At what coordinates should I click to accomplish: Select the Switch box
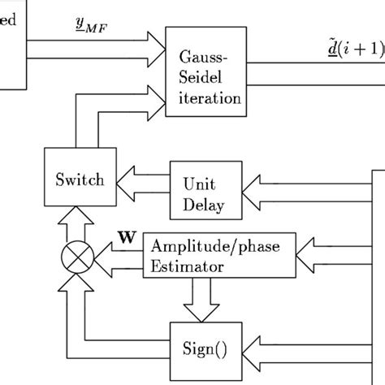[x=79, y=180]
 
